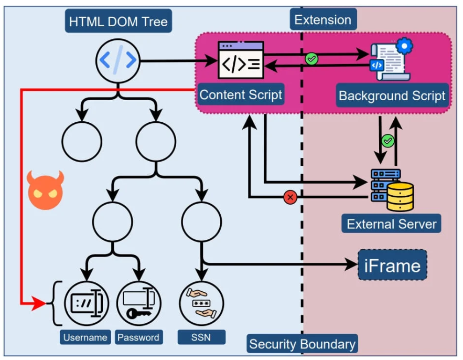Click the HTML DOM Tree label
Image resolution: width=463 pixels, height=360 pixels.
point(118,22)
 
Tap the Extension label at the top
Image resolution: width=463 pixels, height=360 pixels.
point(322,20)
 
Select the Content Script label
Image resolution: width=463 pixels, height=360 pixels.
point(241,95)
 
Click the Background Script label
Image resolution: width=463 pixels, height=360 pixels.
point(392,96)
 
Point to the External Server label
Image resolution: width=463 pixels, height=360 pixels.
point(391,224)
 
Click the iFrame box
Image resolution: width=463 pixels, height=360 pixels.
point(392,265)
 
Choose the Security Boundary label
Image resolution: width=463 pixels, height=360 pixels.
point(302,344)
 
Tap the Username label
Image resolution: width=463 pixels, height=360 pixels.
point(85,337)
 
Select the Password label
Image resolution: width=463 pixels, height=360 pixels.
point(138,337)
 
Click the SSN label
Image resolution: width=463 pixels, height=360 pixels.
point(201,337)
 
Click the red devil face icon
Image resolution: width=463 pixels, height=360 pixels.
point(45,190)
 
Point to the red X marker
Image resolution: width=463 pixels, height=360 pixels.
point(290,197)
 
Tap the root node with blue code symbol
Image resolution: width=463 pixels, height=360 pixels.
point(118,61)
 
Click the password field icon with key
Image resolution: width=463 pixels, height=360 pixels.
point(138,304)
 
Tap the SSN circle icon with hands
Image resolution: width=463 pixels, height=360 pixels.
point(201,304)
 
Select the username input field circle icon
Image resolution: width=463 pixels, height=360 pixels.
point(86,304)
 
